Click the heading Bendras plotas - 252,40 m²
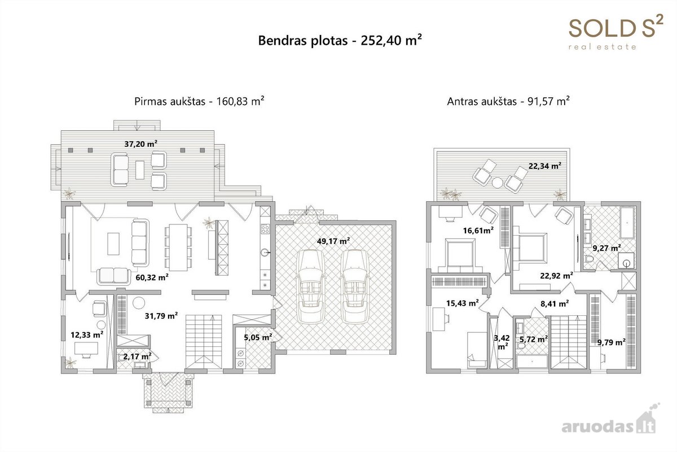coord(340,41)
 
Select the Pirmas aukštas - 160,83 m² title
coord(199,101)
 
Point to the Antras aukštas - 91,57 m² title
coord(508,101)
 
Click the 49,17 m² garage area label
coord(333,241)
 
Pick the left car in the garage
coord(310,286)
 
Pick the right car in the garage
coord(354,286)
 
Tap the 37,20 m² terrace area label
coord(141,144)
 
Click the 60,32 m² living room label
coord(152,277)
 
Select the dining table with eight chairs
coord(178,247)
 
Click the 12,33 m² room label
coord(87,334)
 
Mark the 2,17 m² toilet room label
coord(137,357)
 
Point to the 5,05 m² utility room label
coord(258,337)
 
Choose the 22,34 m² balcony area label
coord(545,166)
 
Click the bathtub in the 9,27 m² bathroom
coord(628,223)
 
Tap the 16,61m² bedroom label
coord(478,231)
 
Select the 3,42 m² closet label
coord(502,342)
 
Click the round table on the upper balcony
coord(497,182)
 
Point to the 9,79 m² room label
coord(612,342)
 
